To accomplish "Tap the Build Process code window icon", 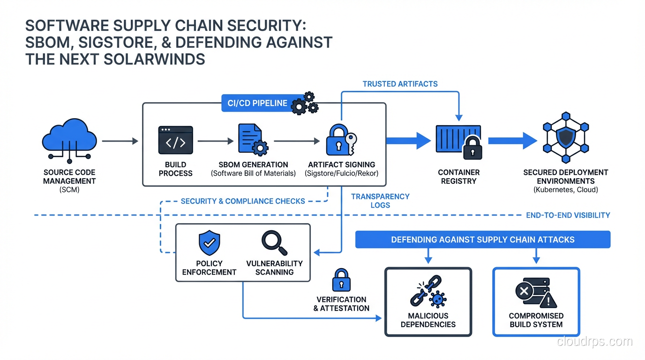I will click(x=176, y=140).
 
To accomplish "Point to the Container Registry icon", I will click(x=458, y=141).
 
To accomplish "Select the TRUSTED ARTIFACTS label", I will click(x=400, y=84).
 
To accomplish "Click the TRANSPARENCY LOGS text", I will click(x=380, y=201).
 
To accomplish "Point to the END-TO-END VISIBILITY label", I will click(x=568, y=215).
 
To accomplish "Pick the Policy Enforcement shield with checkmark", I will click(x=209, y=243).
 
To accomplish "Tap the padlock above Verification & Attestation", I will click(x=341, y=280).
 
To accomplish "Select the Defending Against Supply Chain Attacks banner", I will click(x=483, y=240).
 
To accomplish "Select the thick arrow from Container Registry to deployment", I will click(x=512, y=140).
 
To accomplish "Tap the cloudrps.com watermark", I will click(x=594, y=341).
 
